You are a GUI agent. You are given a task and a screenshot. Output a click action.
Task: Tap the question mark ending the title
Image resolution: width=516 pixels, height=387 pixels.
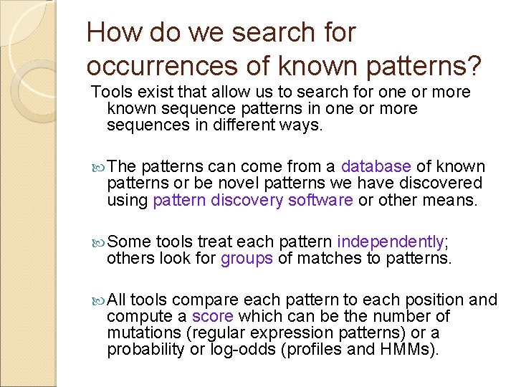[473, 65]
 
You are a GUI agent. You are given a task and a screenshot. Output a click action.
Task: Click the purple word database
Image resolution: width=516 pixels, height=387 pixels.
[376, 166]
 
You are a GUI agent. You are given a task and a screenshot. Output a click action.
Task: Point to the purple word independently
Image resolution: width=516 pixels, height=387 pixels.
[391, 241]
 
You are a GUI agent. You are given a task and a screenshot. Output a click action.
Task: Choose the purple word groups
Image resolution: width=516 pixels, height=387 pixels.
[247, 258]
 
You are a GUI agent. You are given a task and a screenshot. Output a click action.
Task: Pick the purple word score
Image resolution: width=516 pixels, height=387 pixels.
[214, 315]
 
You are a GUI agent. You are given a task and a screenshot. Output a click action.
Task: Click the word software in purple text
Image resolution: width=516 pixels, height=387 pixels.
[320, 201]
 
